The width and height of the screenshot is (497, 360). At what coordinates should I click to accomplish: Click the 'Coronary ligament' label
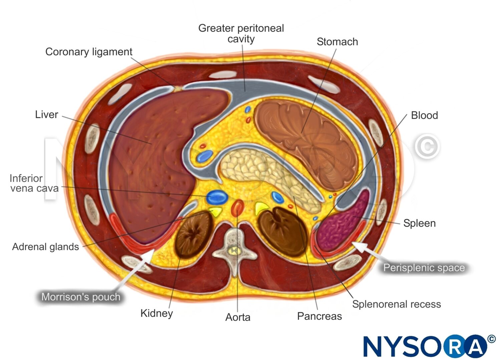coord(89,52)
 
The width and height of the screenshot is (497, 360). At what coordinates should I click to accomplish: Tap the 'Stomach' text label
coord(337,42)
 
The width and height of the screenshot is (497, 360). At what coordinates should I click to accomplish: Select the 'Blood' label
coord(424,115)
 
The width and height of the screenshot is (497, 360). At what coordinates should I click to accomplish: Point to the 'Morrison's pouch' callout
coord(81,297)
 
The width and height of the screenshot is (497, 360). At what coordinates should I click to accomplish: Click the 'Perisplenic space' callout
coord(424,268)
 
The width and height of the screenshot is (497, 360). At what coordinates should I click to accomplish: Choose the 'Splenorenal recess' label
coord(397,304)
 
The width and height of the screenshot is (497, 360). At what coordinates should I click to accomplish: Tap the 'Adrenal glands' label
coord(45,247)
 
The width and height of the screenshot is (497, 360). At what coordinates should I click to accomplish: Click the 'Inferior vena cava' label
coord(34,183)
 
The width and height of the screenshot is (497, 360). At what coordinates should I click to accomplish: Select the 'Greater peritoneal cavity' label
coord(241,33)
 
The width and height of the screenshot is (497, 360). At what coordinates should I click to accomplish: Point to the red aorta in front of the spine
coord(237,208)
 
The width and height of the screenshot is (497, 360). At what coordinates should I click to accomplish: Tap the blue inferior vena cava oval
coord(217,197)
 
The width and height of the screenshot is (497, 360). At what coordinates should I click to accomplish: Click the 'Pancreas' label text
coord(320,316)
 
